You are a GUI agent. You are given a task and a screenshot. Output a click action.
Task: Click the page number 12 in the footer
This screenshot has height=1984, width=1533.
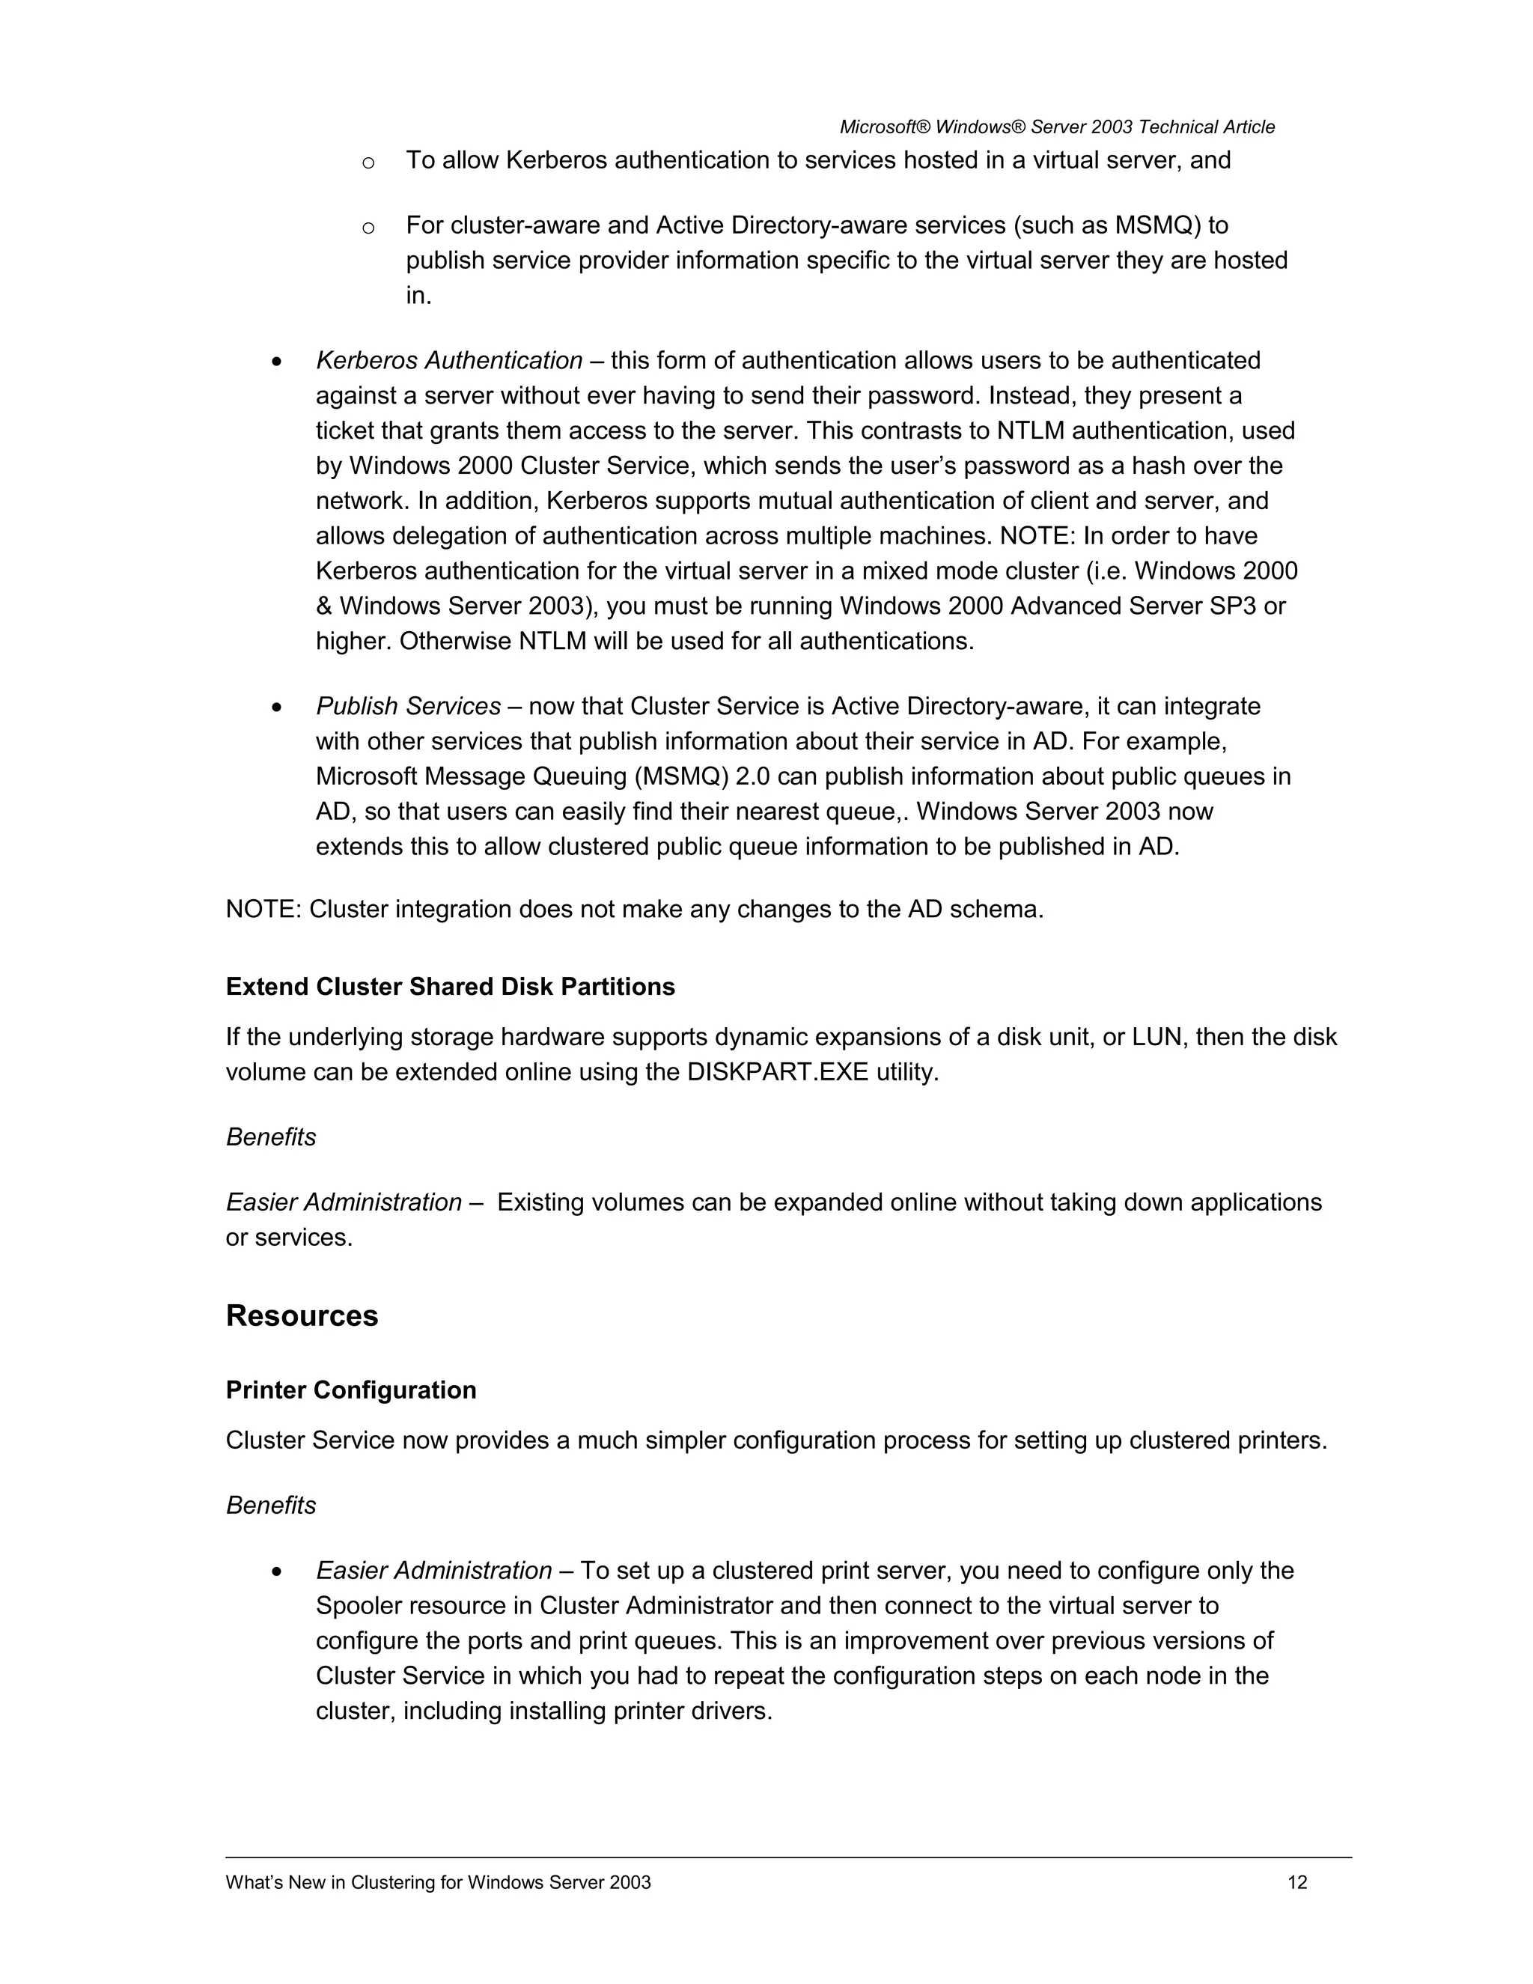tap(1297, 1882)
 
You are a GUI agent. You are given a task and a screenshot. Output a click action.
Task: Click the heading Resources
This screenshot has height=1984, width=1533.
tap(302, 1316)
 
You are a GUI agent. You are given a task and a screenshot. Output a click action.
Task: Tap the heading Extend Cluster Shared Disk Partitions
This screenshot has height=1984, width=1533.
tap(450, 987)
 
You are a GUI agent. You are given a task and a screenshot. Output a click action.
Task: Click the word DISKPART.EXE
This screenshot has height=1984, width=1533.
tap(778, 1072)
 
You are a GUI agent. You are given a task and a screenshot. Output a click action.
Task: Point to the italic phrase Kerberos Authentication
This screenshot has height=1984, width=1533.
tap(448, 361)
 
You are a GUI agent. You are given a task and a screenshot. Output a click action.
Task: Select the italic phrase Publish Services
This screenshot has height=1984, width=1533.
tap(408, 706)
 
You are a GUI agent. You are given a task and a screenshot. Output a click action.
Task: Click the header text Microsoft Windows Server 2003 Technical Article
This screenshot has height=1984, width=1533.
tap(1056, 127)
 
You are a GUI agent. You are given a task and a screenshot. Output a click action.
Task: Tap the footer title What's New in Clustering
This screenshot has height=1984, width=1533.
tap(438, 1882)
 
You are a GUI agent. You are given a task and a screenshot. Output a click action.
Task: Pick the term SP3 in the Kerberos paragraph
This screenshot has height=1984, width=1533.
tap(1234, 606)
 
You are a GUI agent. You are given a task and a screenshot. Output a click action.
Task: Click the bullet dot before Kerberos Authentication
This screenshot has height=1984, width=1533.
tap(278, 362)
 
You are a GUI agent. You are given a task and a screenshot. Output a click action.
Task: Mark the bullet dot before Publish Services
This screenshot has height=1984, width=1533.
tap(278, 708)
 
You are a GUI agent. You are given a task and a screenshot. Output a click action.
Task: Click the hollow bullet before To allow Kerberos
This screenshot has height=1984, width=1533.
tap(368, 162)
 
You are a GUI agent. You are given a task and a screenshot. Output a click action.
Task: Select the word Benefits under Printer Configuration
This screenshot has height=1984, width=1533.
tap(271, 1506)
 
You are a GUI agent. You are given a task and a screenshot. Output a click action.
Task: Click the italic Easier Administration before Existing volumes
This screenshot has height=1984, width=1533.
tap(344, 1203)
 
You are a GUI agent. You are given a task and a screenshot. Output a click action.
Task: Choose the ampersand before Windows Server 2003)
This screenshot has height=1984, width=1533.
tap(324, 606)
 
